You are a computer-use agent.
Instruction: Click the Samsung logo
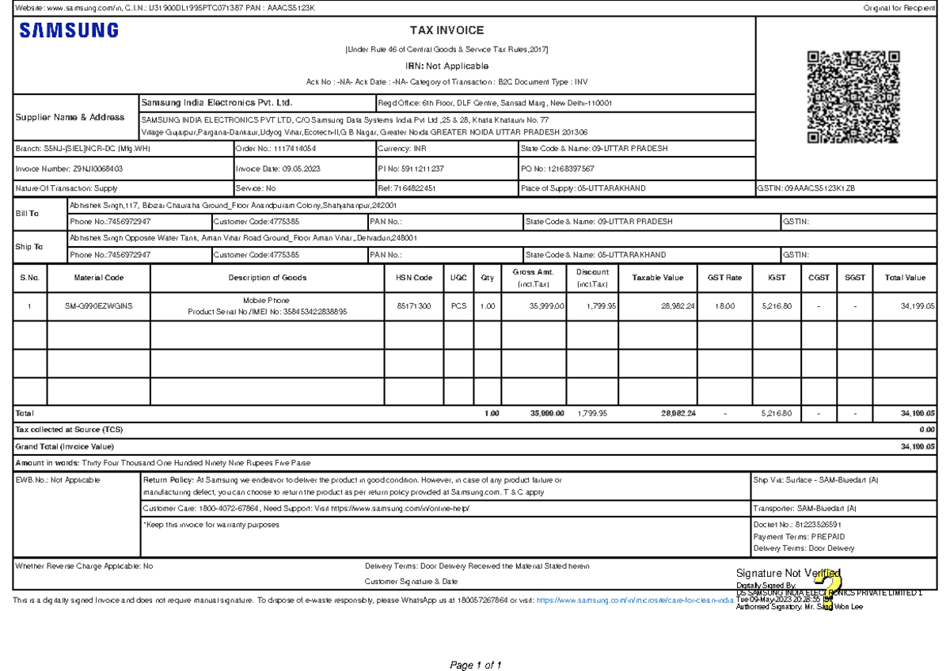pos(69,31)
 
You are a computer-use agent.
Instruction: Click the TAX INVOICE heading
pos(446,31)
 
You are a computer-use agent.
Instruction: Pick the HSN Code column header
pos(414,278)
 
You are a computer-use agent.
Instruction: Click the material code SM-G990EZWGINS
pos(99,306)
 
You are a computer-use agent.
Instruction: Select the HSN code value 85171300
pos(414,306)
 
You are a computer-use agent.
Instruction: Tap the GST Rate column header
pos(724,278)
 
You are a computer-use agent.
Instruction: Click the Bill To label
pos(28,214)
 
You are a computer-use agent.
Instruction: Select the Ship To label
pos(29,247)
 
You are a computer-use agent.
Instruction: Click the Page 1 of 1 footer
pos(476,665)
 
